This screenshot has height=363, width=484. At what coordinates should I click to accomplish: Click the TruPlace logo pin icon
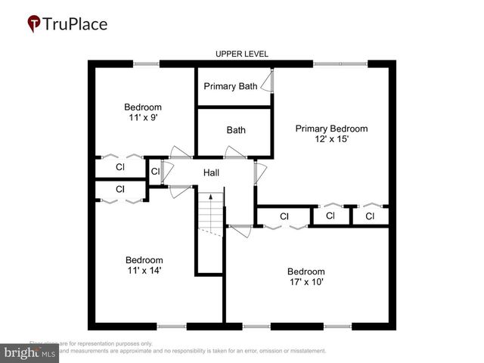pos(34,23)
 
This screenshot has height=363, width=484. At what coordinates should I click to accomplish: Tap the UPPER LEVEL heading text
pos(242,54)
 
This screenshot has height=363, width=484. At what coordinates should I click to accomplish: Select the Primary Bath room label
pos(231,86)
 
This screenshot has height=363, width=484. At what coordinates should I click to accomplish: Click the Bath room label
pos(236,130)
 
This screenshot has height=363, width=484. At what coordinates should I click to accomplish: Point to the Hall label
pos(211,173)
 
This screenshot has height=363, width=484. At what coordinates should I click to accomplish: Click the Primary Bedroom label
pos(331,129)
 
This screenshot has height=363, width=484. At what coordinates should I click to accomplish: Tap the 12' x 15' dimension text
pos(331,139)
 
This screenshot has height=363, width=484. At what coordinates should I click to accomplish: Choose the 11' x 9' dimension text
pos(143,118)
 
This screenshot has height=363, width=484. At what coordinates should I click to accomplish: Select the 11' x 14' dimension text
pos(144,270)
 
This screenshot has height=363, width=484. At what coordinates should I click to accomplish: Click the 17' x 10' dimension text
pos(306,282)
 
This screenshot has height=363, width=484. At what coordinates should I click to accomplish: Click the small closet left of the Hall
pos(155,171)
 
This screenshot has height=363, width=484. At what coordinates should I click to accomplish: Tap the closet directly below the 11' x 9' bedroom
pos(120,166)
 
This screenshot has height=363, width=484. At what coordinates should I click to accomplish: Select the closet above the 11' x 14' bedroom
pos(120,189)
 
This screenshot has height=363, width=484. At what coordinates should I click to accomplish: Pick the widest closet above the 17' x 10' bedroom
pos(284,216)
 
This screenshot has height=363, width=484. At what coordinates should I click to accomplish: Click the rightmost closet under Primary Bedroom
pos(370,216)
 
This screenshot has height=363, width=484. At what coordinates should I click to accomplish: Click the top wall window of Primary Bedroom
pos(340,64)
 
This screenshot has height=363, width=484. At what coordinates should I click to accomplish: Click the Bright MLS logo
pos(30,352)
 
